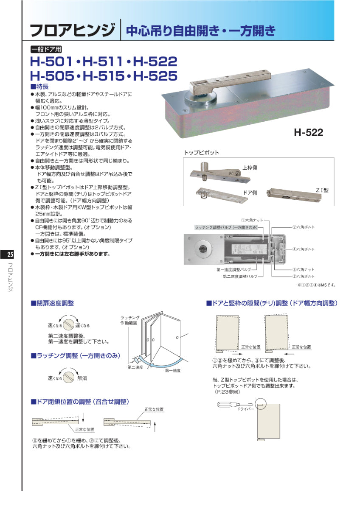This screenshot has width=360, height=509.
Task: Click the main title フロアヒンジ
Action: point(72,31)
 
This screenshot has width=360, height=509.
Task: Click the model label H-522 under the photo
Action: point(309,132)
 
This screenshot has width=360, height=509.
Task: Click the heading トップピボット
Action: point(201,153)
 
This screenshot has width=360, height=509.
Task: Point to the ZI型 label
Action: point(322,190)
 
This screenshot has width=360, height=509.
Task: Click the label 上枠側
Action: point(250,168)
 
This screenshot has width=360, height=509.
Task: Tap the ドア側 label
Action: point(250,192)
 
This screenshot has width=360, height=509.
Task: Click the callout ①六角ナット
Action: point(252,220)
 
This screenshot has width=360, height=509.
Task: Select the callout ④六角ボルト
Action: point(303,249)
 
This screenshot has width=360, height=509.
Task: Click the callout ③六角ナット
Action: point(303,269)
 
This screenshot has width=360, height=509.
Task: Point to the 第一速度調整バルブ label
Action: point(233,269)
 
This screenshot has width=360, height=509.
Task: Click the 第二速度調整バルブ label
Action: point(240,277)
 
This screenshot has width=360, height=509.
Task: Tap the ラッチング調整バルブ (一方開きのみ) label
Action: point(226,228)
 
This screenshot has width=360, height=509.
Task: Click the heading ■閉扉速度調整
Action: point(52,303)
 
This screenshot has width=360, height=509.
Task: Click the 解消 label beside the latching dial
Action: point(82,378)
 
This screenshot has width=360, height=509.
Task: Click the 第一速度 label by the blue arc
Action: point(173,370)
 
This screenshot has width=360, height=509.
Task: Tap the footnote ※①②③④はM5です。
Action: point(316,285)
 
